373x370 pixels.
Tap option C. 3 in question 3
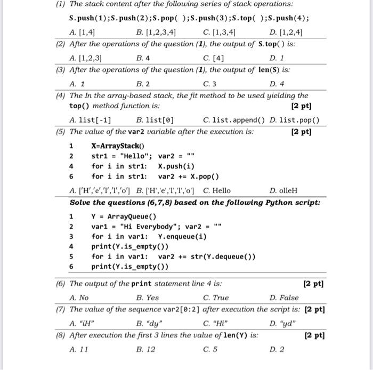tap(210, 84)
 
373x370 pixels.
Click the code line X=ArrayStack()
tap(118, 146)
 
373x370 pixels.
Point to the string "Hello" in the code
tap(136, 156)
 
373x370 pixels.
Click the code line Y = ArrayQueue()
tap(124, 216)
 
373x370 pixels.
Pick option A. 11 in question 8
tap(79, 349)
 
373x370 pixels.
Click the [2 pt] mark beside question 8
tap(314, 336)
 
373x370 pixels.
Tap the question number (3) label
tap(62, 70)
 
